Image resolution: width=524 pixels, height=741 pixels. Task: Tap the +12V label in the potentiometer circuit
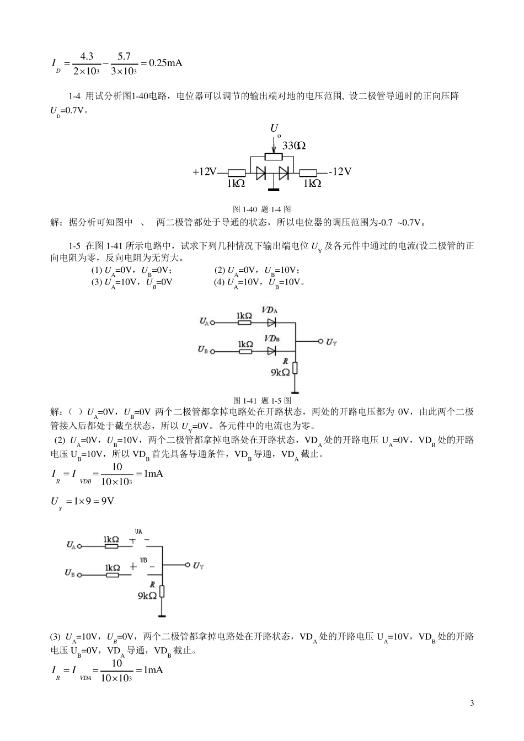[x=205, y=172]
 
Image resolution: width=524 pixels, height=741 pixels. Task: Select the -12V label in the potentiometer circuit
[x=340, y=171]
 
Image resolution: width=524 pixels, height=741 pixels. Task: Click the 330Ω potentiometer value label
[x=293, y=146]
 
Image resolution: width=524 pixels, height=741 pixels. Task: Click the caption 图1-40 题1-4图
[x=262, y=210]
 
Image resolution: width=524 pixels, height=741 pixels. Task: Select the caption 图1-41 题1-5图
[x=262, y=400]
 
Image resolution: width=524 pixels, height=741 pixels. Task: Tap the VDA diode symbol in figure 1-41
[x=271, y=322]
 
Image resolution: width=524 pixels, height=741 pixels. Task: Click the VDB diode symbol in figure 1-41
[x=271, y=351]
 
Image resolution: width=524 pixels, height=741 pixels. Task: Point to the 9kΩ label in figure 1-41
[x=280, y=372]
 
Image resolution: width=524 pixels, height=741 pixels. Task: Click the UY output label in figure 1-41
[x=331, y=342]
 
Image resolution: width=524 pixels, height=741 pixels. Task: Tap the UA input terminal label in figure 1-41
[x=204, y=321]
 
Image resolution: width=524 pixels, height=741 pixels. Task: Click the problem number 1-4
[x=74, y=96]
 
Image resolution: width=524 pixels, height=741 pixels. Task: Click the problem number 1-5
[x=74, y=245]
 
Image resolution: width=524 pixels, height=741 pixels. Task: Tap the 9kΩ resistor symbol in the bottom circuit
[x=162, y=592]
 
